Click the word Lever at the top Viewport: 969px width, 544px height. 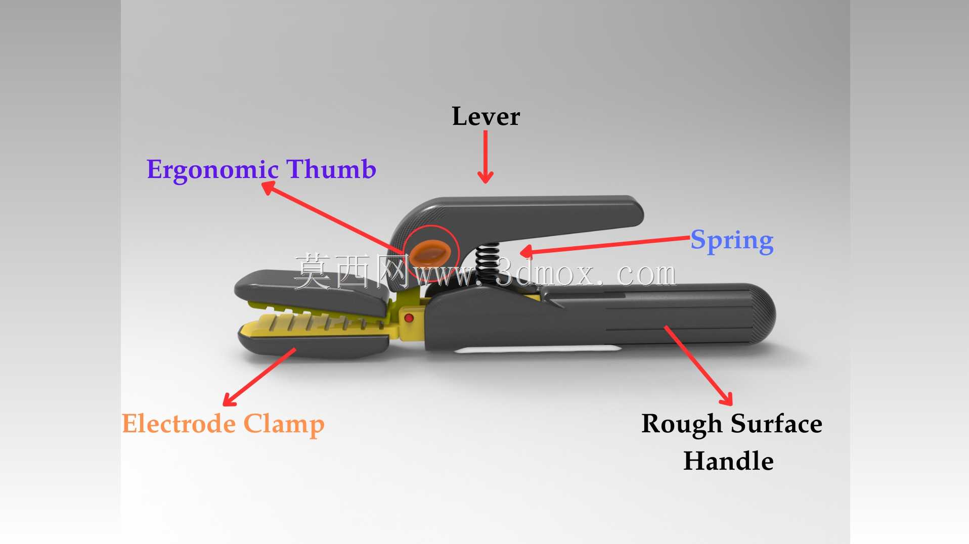tap(486, 116)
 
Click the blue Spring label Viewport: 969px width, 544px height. tap(732, 241)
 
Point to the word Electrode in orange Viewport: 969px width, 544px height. tap(179, 423)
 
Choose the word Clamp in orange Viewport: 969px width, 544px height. tap(284, 425)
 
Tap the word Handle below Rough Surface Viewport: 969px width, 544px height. tap(728, 461)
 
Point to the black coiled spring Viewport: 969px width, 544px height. tap(487, 263)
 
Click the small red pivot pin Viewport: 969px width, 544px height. tap(409, 318)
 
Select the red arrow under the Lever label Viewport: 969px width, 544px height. tap(486, 157)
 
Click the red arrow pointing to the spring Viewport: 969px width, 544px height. tap(605, 245)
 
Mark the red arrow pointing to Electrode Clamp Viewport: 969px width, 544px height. tap(259, 377)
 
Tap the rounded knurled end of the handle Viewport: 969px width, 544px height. tap(761, 313)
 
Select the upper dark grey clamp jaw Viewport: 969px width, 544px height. tap(311, 292)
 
